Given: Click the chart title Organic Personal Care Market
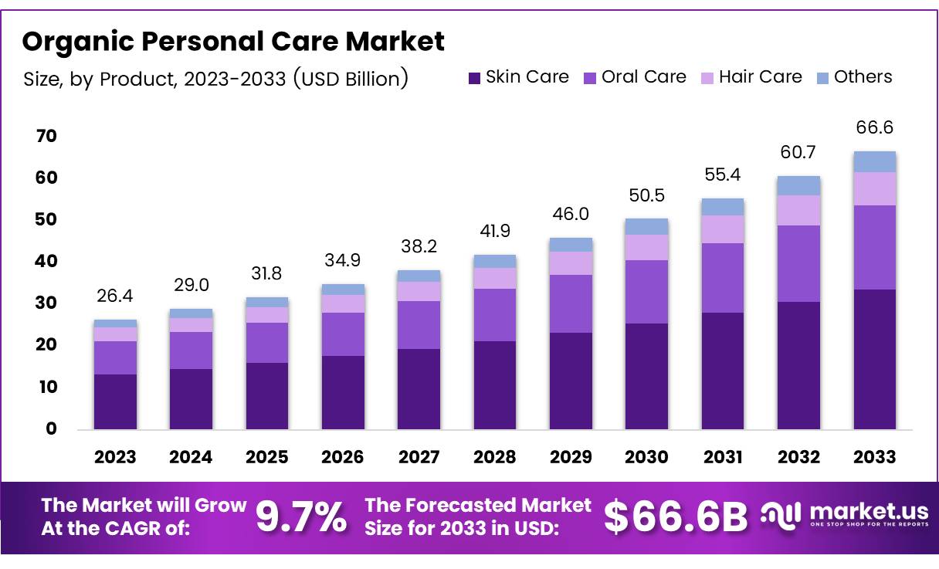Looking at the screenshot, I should pos(233,41).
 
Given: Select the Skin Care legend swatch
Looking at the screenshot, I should pos(474,78).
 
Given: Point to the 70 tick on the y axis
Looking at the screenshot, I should pos(46,137).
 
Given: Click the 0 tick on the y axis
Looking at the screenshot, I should pos(51,429).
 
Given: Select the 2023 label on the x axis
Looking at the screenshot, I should pos(115,457).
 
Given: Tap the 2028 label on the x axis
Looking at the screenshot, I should pos(495,457).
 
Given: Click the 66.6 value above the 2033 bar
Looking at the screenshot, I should pos(875,128).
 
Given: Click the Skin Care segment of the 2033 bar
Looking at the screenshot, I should pos(875,359).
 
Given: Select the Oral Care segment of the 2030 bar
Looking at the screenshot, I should pos(646,292).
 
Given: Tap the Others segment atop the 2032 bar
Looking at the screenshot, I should pos(798,185).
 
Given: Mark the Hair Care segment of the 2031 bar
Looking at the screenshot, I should pos(723,229).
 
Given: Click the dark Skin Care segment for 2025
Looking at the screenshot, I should pos(267,395).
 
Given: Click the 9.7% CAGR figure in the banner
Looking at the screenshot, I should pos(301,517).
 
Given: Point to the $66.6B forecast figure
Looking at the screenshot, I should pos(675,517).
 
